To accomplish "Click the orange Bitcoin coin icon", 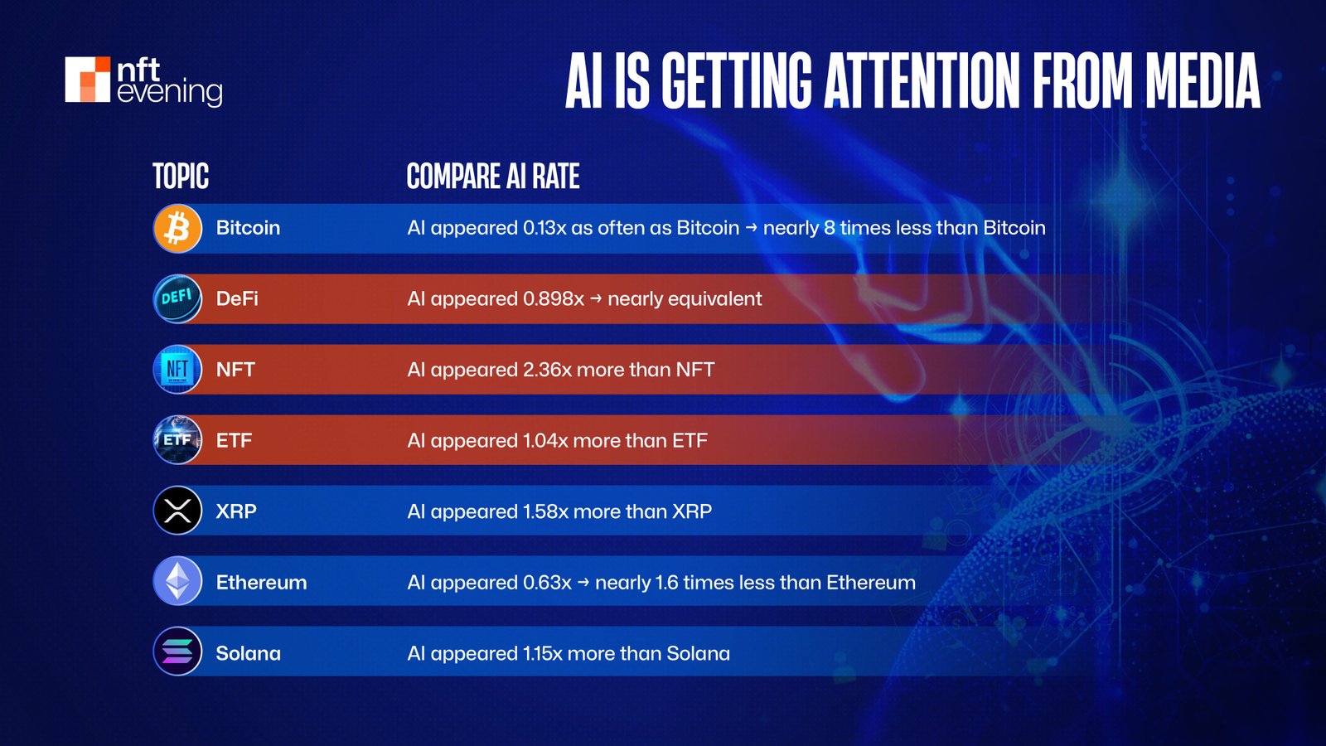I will point(177,228).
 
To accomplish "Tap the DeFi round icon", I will point(177,298).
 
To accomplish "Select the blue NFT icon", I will point(177,370).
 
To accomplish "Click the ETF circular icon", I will point(177,440).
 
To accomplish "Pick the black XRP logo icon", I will point(177,511).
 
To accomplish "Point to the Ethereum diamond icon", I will point(177,581).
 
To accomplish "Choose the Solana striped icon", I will point(177,652).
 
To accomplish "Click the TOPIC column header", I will point(181,177).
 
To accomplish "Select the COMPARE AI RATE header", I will point(492,177).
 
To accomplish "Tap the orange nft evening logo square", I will point(88,80).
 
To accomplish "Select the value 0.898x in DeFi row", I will point(553,298).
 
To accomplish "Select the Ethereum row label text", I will point(261,583).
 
